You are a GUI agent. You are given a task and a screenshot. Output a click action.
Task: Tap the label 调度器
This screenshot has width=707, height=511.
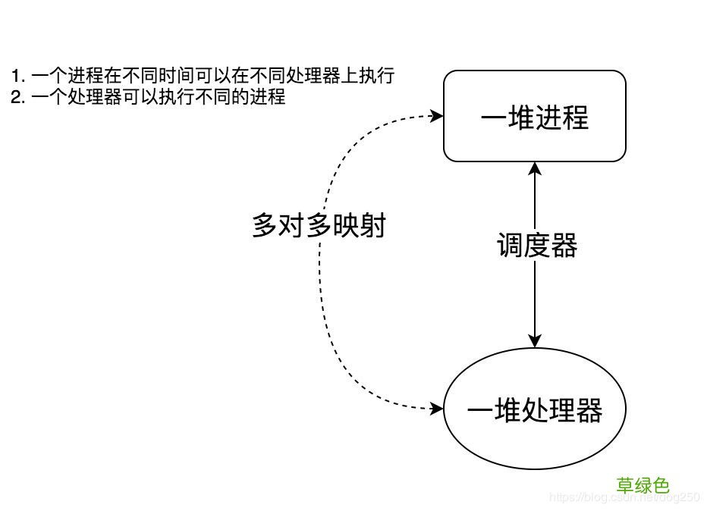coord(536,246)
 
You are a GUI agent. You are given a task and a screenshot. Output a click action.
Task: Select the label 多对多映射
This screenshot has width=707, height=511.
coord(319,226)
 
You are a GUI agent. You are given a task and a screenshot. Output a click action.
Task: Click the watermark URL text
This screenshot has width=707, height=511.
coord(623,497)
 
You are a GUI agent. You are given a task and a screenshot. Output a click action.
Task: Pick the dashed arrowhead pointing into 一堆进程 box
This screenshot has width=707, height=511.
coord(437,116)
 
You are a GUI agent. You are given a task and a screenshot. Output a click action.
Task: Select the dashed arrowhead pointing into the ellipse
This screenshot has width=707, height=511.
coord(437,409)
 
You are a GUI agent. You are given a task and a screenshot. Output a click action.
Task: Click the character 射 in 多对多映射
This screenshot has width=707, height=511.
coord(372,226)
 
